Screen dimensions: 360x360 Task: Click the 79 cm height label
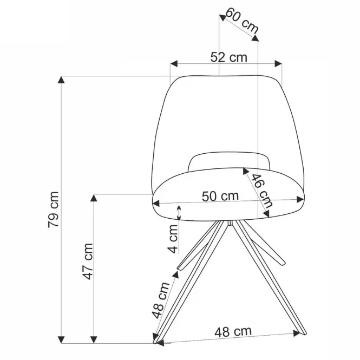54,210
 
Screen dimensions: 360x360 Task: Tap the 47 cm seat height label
88,261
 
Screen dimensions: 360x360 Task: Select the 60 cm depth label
242,21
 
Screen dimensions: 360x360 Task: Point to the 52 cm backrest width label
228,57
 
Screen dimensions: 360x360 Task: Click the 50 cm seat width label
220,197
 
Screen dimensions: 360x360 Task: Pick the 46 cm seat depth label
262,191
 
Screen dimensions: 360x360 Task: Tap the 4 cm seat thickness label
173,239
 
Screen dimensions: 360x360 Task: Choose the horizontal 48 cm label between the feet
233,332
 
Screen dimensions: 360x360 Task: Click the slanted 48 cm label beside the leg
161,300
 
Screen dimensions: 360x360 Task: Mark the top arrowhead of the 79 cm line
61,80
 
